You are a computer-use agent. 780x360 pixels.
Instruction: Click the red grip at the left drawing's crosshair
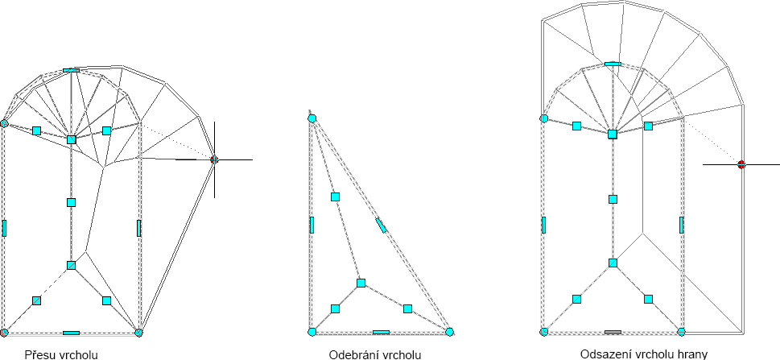(x=214, y=159)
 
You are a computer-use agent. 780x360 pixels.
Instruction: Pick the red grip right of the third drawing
(x=741, y=164)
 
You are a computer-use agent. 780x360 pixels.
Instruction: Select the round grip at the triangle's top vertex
(x=312, y=118)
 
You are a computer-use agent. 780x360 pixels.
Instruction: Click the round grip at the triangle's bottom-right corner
(x=449, y=331)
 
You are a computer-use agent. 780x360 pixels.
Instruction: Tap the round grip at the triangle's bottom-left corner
(x=312, y=331)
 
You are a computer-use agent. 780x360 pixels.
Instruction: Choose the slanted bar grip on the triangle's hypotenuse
(x=381, y=225)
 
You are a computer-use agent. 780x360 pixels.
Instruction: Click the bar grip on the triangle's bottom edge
(x=381, y=332)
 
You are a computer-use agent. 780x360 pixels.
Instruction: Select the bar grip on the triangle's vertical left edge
(x=312, y=225)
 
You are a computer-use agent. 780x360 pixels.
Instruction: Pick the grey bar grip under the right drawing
(x=613, y=332)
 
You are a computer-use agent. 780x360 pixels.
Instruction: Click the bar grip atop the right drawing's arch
(x=613, y=63)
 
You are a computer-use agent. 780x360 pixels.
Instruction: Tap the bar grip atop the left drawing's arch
(x=71, y=71)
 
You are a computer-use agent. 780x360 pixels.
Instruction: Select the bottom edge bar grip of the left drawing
(x=71, y=332)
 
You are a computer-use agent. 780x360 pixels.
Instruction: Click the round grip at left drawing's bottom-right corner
(x=138, y=332)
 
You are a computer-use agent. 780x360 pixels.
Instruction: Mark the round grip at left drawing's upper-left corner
(x=4, y=124)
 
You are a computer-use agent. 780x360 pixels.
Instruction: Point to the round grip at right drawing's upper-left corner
(x=544, y=118)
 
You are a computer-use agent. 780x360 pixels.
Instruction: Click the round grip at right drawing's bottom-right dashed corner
(x=682, y=331)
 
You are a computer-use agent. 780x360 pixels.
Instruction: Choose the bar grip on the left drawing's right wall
(x=138, y=228)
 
